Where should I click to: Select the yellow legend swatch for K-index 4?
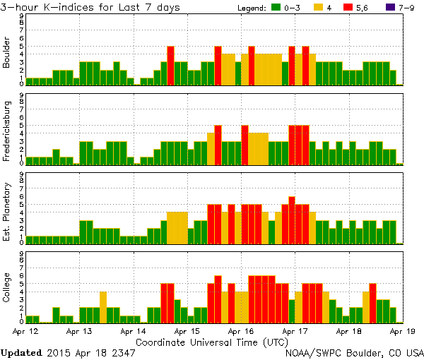(319, 8)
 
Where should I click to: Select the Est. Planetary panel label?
(7, 211)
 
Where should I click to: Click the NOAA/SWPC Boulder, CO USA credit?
(354, 352)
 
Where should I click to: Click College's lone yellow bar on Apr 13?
(103, 307)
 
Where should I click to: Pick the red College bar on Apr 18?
(372, 303)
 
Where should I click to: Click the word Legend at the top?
(248, 8)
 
